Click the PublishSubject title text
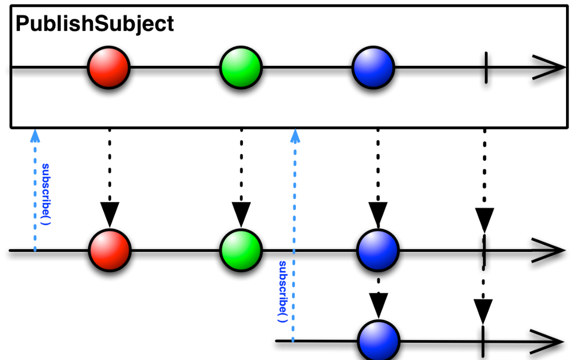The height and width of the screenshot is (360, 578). pyautogui.click(x=95, y=25)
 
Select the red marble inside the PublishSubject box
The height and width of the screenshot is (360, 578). pyautogui.click(x=109, y=67)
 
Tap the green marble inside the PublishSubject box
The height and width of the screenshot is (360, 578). pyautogui.click(x=241, y=67)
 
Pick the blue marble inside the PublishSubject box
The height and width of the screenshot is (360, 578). pyautogui.click(x=374, y=67)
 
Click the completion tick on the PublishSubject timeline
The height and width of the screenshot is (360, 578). pyautogui.click(x=486, y=67)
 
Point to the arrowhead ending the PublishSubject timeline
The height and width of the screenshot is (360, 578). pyautogui.click(x=549, y=67)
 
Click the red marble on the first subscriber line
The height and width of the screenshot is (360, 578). pyautogui.click(x=110, y=250)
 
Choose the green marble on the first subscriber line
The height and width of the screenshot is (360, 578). pyautogui.click(x=241, y=250)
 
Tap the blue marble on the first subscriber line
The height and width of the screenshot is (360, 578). pyautogui.click(x=378, y=250)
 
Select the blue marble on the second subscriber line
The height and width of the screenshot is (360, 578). pyautogui.click(x=378, y=341)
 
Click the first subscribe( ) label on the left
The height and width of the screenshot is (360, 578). pyautogui.click(x=45, y=194)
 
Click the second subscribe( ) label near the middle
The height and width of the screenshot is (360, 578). pyautogui.click(x=283, y=292)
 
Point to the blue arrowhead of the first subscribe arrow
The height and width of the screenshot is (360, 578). pyautogui.click(x=35, y=136)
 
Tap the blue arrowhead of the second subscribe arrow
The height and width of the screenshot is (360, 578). pyautogui.click(x=295, y=136)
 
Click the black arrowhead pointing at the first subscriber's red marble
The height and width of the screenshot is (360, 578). pyautogui.click(x=110, y=214)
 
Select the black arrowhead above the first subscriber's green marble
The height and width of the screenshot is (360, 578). pyautogui.click(x=241, y=214)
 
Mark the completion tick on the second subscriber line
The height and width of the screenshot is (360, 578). pyautogui.click(x=483, y=341)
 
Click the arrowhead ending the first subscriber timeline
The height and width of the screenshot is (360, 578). pyautogui.click(x=548, y=250)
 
